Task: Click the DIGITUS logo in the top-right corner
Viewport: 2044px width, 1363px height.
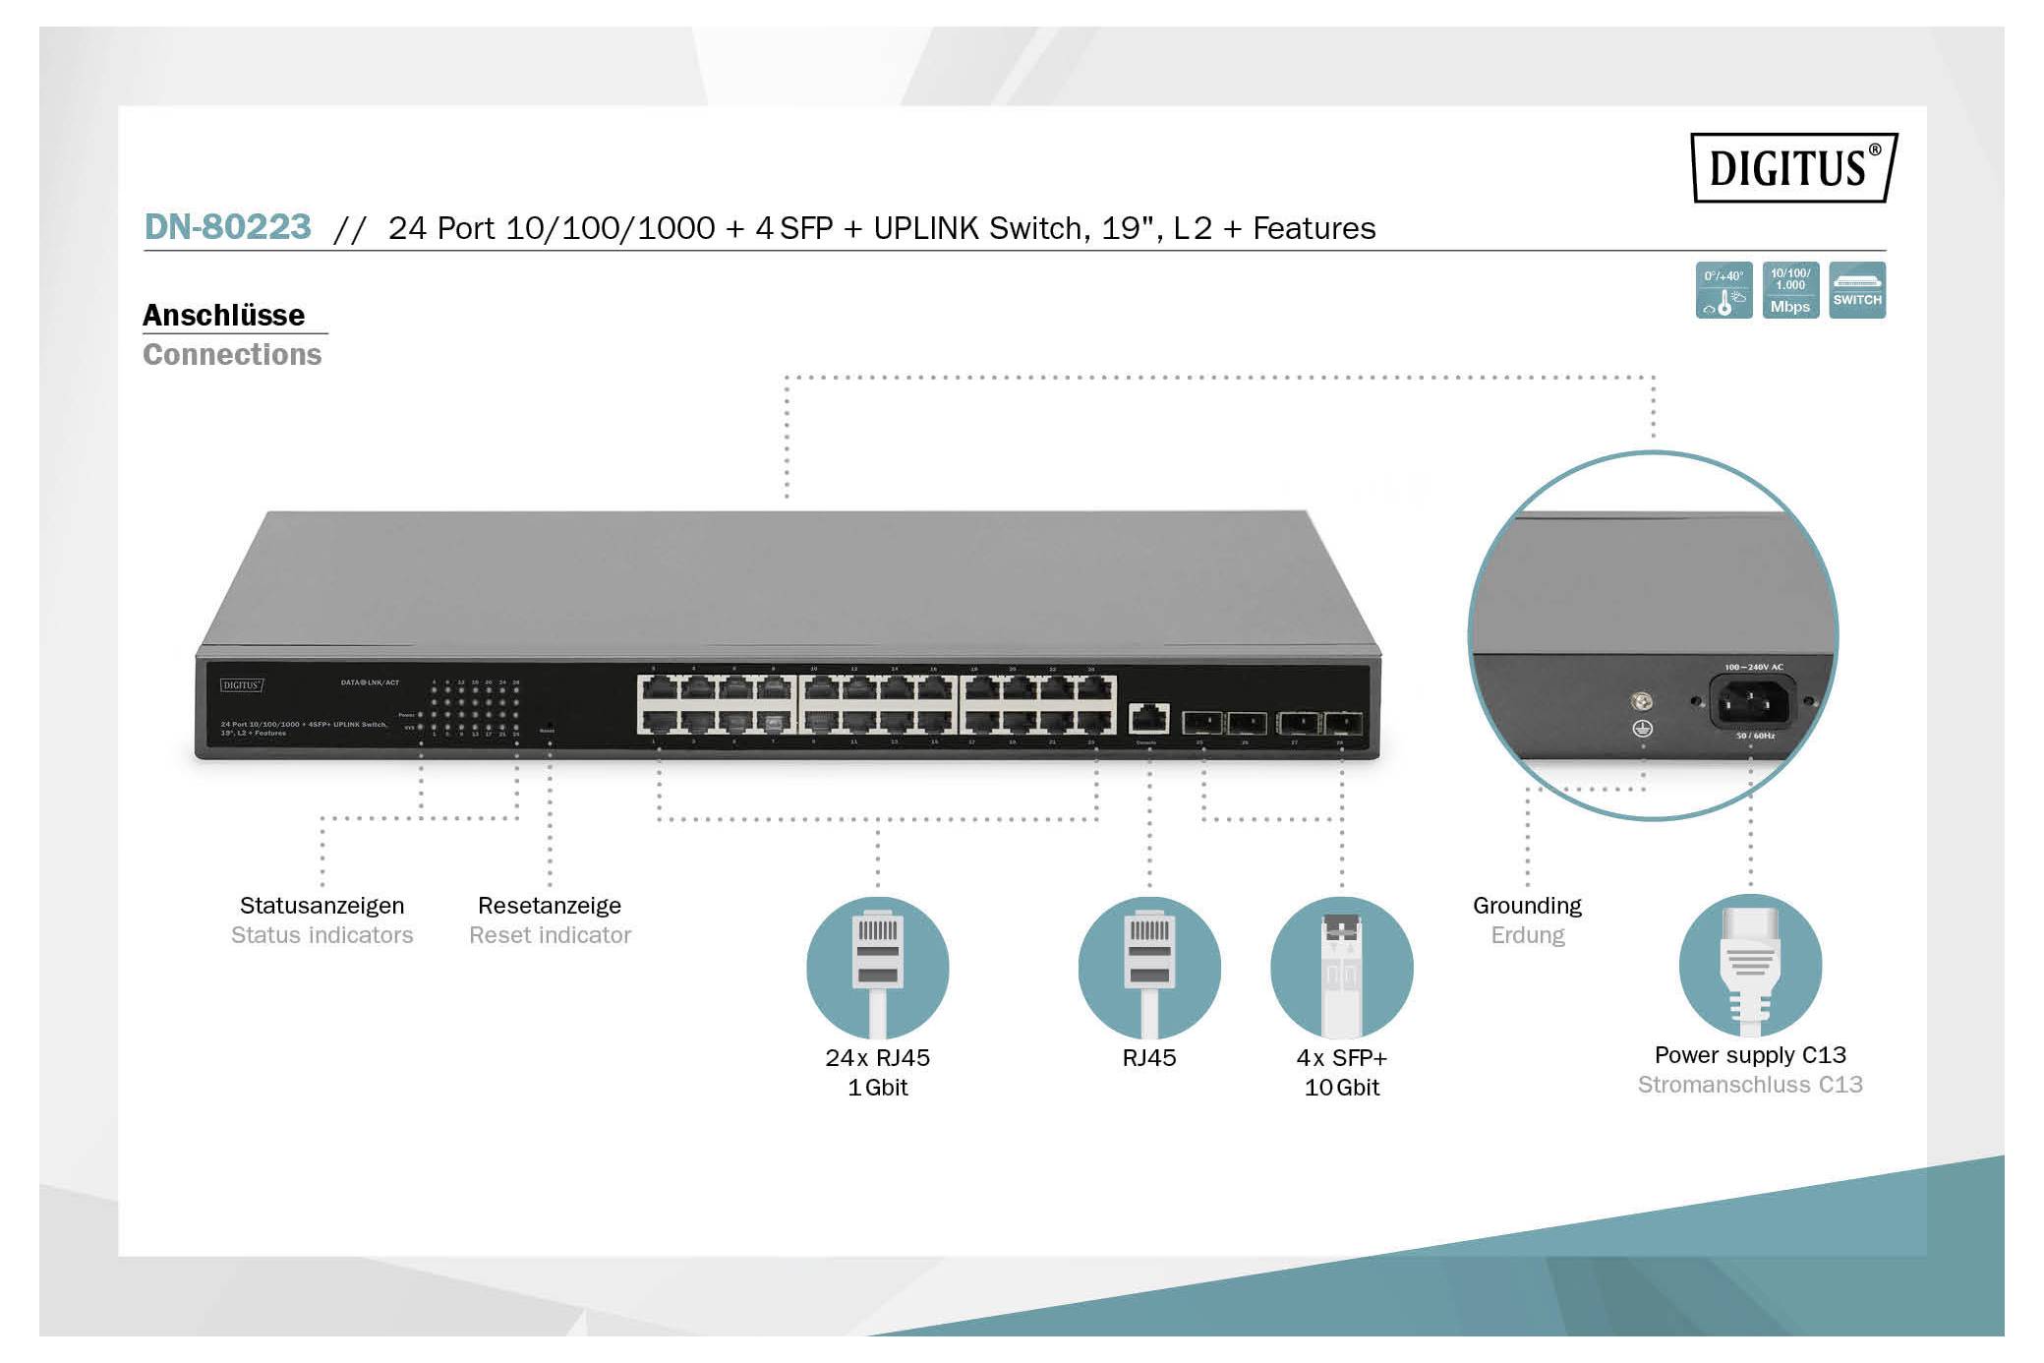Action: coord(1793,167)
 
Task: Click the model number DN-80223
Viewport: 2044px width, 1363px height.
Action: coord(227,227)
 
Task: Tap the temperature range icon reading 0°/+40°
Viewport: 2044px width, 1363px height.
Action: coord(1723,290)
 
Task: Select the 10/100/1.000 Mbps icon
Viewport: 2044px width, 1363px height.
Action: coord(1790,290)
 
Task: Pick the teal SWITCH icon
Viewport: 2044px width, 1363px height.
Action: coord(1857,290)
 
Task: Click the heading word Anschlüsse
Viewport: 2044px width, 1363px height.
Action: coord(223,315)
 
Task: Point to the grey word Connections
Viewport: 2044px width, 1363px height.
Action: coord(232,354)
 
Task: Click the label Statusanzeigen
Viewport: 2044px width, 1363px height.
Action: coord(321,905)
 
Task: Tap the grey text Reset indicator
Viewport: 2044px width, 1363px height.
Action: coord(550,935)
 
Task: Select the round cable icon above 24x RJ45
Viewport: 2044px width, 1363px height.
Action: coord(877,968)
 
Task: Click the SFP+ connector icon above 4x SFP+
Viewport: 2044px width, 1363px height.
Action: coord(1341,968)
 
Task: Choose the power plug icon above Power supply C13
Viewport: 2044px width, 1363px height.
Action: coord(1750,966)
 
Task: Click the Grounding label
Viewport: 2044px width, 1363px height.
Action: coord(1527,905)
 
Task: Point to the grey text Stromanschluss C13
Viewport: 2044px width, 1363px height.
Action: coord(1750,1085)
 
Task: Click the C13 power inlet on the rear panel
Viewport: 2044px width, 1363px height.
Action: coord(1753,702)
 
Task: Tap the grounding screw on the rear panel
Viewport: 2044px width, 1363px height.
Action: coord(1642,701)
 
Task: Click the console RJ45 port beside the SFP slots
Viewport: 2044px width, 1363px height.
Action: coord(1148,718)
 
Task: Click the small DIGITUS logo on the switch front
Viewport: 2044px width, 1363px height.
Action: coord(242,685)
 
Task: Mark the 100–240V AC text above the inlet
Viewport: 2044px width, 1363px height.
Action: coord(1753,667)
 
